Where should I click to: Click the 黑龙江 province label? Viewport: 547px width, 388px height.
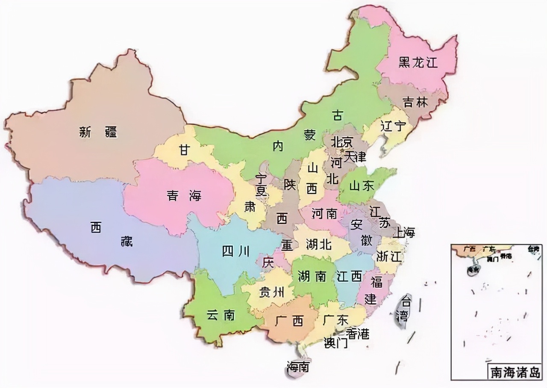coord(418,63)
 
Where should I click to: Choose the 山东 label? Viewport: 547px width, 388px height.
coord(362,186)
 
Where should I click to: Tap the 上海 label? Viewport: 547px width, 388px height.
coord(403,232)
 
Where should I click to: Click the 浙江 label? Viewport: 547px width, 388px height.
coord(389,256)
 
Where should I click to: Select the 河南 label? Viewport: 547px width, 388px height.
coord(324,213)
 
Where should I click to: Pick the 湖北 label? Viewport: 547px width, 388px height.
coord(319,244)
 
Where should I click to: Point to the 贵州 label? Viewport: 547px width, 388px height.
coord(271,293)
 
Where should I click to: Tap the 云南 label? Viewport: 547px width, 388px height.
coord(221,315)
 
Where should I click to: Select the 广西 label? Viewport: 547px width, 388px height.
coord(289,321)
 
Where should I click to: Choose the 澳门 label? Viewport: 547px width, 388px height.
coord(336,343)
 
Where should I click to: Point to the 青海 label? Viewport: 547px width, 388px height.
coord(184,196)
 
